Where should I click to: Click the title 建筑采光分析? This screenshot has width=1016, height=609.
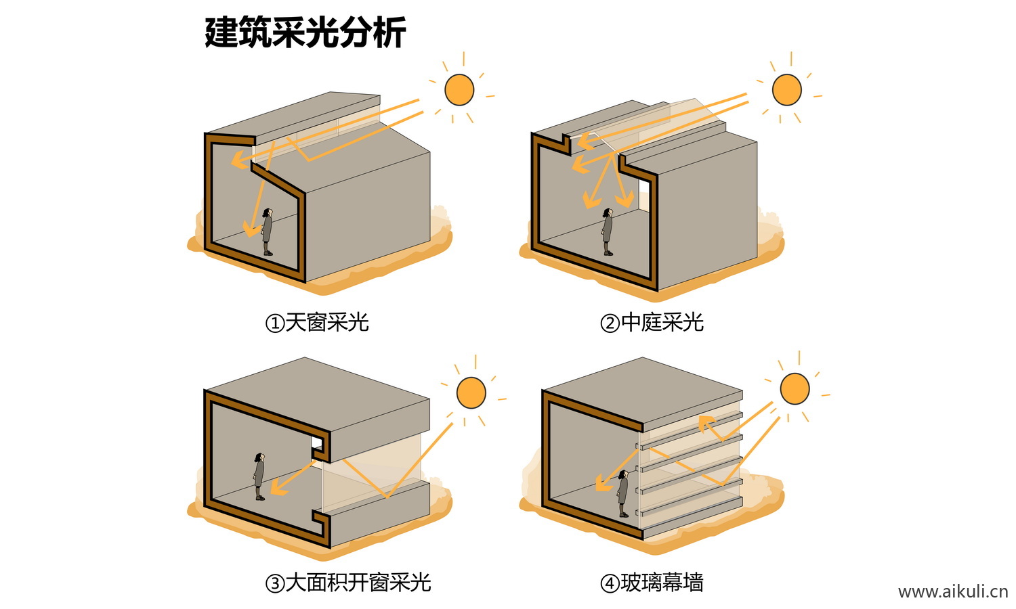pyautogui.click(x=305, y=32)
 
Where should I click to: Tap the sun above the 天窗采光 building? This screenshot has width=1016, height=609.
pyautogui.click(x=459, y=90)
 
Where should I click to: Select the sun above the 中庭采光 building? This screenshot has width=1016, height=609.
pyautogui.click(x=786, y=89)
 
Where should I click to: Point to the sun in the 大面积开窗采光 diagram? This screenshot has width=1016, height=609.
pyautogui.click(x=471, y=393)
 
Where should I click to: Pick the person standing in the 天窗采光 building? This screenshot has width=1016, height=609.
pyautogui.click(x=268, y=232)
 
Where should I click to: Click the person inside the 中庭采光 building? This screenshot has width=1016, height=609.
pyautogui.click(x=608, y=232)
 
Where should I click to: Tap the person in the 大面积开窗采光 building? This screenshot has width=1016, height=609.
pyautogui.click(x=259, y=476)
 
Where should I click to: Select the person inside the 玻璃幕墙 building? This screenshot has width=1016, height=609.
pyautogui.click(x=622, y=494)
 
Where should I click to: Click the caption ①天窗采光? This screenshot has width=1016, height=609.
pyautogui.click(x=317, y=323)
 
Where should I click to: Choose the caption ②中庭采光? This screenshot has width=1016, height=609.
pyautogui.click(x=652, y=323)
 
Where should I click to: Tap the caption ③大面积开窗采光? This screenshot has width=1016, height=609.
pyautogui.click(x=348, y=583)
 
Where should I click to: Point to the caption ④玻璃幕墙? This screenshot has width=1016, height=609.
pyautogui.click(x=652, y=583)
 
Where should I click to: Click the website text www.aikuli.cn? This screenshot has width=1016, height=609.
pyautogui.click(x=952, y=592)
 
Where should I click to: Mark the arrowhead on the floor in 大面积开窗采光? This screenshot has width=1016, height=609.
pyautogui.click(x=280, y=487)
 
